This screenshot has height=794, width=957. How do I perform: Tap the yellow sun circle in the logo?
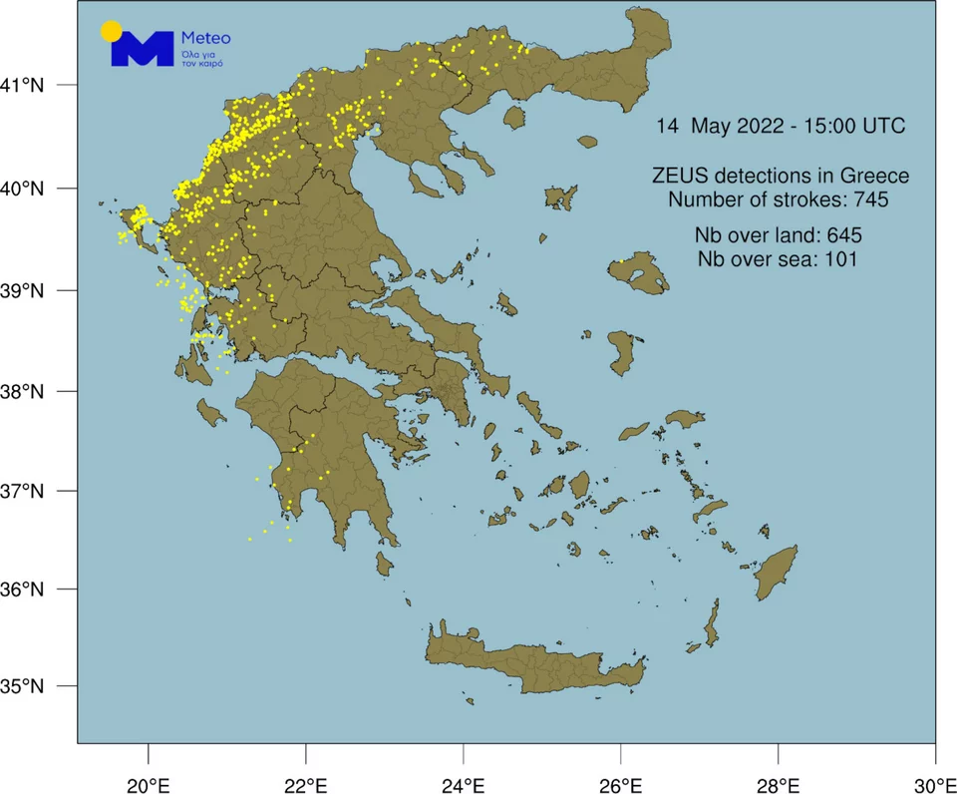coord(112,31)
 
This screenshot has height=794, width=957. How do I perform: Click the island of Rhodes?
coord(778,573)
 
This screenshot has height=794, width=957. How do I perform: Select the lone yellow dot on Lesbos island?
coord(620,261)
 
